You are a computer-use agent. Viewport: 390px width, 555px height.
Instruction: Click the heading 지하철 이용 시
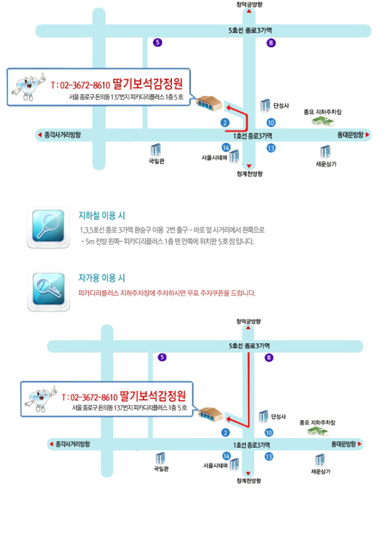tap(102, 215)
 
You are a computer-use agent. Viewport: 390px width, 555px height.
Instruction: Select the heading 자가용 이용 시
tap(102, 278)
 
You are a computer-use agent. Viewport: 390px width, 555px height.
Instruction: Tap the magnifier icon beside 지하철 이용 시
tap(48, 227)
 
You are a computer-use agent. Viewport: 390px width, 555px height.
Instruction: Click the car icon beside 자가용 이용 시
tap(48, 289)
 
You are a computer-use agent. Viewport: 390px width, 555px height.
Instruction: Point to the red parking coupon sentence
tap(166, 293)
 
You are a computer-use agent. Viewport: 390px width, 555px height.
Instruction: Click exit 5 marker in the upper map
tap(158, 42)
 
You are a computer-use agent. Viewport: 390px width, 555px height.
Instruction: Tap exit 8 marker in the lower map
tap(268, 357)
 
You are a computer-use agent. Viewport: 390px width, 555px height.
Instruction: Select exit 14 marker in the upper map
tap(225, 148)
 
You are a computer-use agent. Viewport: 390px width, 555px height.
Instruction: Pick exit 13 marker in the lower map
tap(269, 456)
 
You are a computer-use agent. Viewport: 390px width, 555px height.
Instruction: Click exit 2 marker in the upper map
tap(225, 122)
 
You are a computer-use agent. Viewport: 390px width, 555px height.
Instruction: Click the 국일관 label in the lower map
tap(161, 469)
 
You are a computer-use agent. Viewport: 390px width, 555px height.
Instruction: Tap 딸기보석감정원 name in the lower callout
tap(153, 395)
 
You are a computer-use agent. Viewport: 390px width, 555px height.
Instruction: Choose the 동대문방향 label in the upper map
tap(350, 134)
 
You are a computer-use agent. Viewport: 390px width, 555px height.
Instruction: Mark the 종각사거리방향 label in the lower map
tap(72, 444)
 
